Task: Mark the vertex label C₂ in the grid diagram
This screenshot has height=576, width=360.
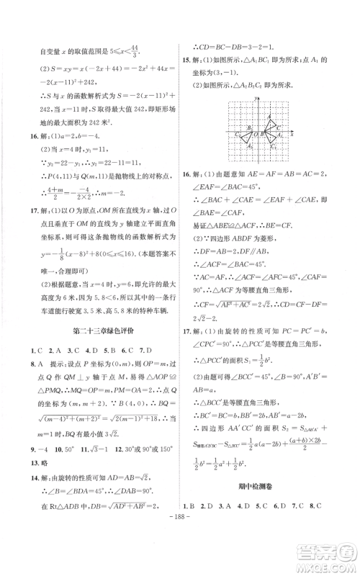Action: (x=238, y=134)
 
